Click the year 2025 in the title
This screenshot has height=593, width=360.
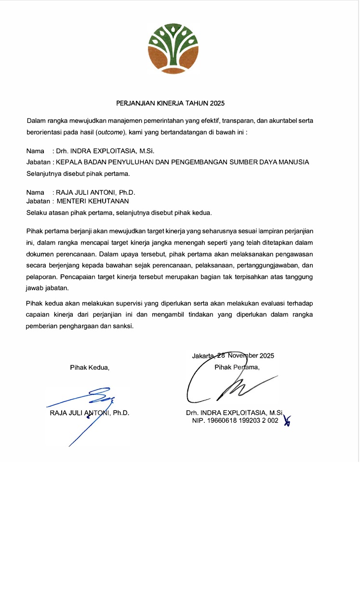pos(217,103)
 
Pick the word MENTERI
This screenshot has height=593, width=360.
pos(72,201)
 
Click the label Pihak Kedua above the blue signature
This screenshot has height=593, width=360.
pos(90,367)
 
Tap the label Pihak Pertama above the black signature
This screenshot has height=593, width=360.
pos(237,367)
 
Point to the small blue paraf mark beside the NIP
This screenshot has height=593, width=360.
pos(287,421)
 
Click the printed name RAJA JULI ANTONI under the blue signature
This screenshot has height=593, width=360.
pos(79,413)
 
